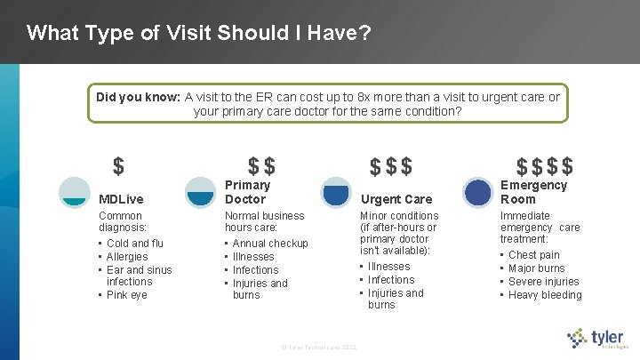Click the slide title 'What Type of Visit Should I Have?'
pyautogui.click(x=198, y=34)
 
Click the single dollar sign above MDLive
pyautogui.click(x=118, y=166)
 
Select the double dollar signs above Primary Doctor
pyautogui.click(x=261, y=166)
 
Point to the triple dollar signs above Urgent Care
pyautogui.click(x=391, y=166)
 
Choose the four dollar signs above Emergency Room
pyautogui.click(x=545, y=166)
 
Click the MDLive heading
pyautogui.click(x=121, y=199)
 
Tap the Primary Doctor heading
pyautogui.click(x=247, y=192)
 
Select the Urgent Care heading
pyautogui.click(x=396, y=199)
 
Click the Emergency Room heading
pyautogui.click(x=533, y=192)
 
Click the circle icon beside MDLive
pyautogui.click(x=74, y=192)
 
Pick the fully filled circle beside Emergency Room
pyautogui.click(x=478, y=192)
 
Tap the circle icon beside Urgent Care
pyautogui.click(x=336, y=192)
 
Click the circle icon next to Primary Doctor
pyautogui.click(x=200, y=192)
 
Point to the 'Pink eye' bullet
pyautogui.click(x=127, y=295)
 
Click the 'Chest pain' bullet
pyautogui.click(x=533, y=255)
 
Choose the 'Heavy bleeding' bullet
pyautogui.click(x=545, y=295)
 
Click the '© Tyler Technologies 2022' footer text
pyautogui.click(x=318, y=346)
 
